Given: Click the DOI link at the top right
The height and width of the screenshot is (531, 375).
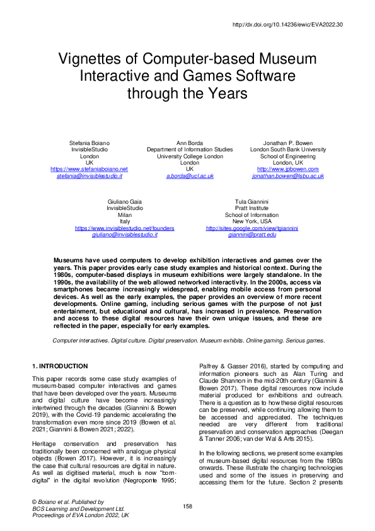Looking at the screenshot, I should pos(287,25).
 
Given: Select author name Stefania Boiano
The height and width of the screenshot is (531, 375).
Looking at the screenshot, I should pos(89,143).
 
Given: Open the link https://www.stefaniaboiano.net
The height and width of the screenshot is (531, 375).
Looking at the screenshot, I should pos(89,169).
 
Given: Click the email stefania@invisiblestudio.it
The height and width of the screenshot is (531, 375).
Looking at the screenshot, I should pos(89,176).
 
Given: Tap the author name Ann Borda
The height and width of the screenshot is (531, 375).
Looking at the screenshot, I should pos(189,143).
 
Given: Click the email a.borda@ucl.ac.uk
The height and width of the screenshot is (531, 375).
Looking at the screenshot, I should pos(189,176).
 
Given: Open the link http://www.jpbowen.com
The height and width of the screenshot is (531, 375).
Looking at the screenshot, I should pos(287,169).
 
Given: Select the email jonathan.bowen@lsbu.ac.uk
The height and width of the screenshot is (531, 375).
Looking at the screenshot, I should pos(287,176).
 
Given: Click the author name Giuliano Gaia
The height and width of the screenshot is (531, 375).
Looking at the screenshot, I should pos(125,201).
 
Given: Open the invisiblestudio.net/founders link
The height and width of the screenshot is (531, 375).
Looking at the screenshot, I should pos(125,227).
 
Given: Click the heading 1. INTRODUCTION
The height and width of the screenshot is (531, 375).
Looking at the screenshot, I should pos(60,366).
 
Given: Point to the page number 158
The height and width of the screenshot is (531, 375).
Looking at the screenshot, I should pos(187,506).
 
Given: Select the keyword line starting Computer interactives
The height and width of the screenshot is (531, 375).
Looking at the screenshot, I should pos(188,340).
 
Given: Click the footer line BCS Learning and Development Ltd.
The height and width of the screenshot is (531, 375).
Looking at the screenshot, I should pos(78,508).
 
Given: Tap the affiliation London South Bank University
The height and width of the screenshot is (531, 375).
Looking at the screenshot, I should pos(287,149).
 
